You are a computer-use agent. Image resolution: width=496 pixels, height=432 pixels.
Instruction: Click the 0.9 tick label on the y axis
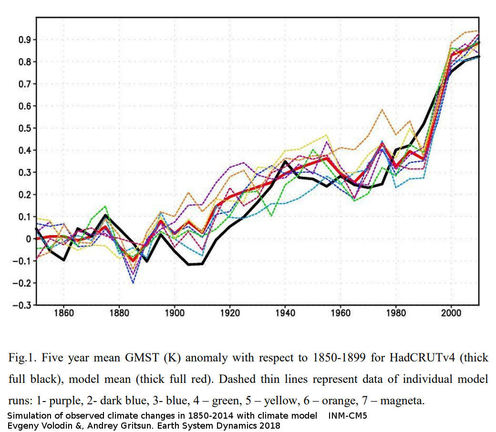coord(24,40)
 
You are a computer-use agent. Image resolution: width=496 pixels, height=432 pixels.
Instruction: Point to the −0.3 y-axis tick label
coord(21,305)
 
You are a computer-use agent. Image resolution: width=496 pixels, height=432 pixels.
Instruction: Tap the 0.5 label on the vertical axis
coord(24,128)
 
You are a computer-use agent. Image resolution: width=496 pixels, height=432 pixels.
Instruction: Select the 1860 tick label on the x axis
coord(64,313)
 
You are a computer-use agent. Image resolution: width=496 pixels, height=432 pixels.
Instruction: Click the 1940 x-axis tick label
coord(285,313)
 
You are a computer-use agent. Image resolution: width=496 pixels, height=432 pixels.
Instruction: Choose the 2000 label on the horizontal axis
coord(451,313)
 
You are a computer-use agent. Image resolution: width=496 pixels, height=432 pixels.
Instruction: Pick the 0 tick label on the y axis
coord(29,239)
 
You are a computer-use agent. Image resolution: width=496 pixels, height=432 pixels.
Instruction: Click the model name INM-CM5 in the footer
coord(347,416)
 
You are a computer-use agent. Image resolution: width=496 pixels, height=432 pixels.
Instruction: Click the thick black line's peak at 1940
coord(285,161)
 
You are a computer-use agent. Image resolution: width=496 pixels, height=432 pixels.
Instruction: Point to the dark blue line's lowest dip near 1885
coord(133,283)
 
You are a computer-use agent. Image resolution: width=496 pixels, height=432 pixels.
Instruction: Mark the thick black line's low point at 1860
coord(64,260)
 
